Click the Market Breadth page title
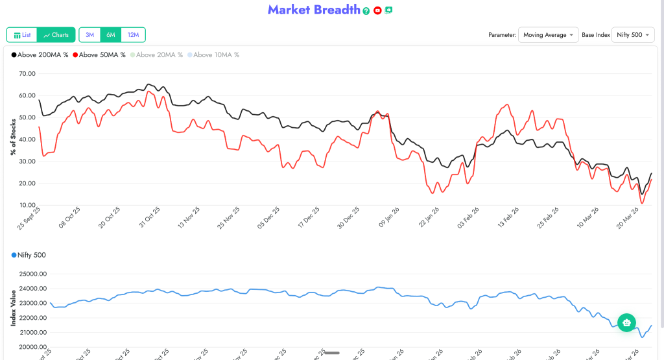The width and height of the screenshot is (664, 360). click(x=314, y=10)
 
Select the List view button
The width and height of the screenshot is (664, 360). click(x=22, y=34)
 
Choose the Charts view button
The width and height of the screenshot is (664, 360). click(x=56, y=34)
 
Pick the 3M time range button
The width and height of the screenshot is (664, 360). click(x=90, y=34)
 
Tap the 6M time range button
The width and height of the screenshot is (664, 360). click(x=111, y=34)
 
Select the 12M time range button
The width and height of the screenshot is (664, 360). click(x=133, y=34)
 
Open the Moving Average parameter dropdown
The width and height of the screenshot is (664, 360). click(x=548, y=35)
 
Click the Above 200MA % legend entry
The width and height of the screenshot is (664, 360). click(x=40, y=55)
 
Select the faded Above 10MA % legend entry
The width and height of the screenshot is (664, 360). click(x=213, y=55)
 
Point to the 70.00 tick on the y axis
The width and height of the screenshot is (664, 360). click(x=27, y=74)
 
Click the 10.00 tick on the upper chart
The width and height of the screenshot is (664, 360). click(x=27, y=205)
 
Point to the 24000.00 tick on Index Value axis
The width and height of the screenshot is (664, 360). click(x=33, y=289)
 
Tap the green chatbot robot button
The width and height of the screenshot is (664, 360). click(x=626, y=322)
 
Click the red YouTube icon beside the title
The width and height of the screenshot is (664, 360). click(x=377, y=11)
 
